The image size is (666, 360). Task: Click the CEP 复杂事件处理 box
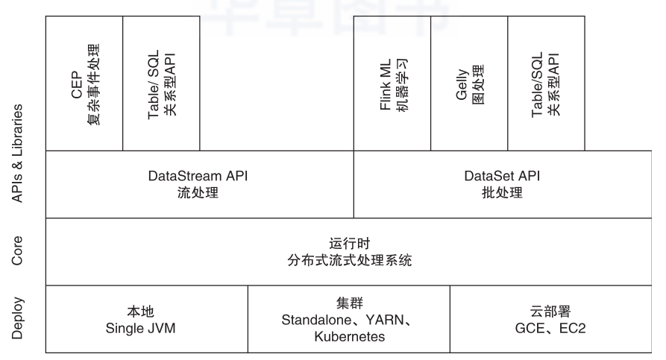point(84,83)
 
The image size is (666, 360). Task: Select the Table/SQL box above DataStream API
point(161,83)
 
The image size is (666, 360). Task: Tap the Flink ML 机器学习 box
point(392,83)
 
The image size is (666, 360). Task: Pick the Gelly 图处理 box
point(469,83)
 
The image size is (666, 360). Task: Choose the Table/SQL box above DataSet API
point(546,83)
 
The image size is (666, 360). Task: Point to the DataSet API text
point(502,177)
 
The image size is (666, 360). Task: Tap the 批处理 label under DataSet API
point(502,193)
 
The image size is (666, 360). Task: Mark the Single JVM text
point(140,326)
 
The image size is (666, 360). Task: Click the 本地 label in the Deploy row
point(140,310)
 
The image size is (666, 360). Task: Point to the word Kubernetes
point(349,336)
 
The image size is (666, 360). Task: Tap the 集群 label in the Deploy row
point(349,303)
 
